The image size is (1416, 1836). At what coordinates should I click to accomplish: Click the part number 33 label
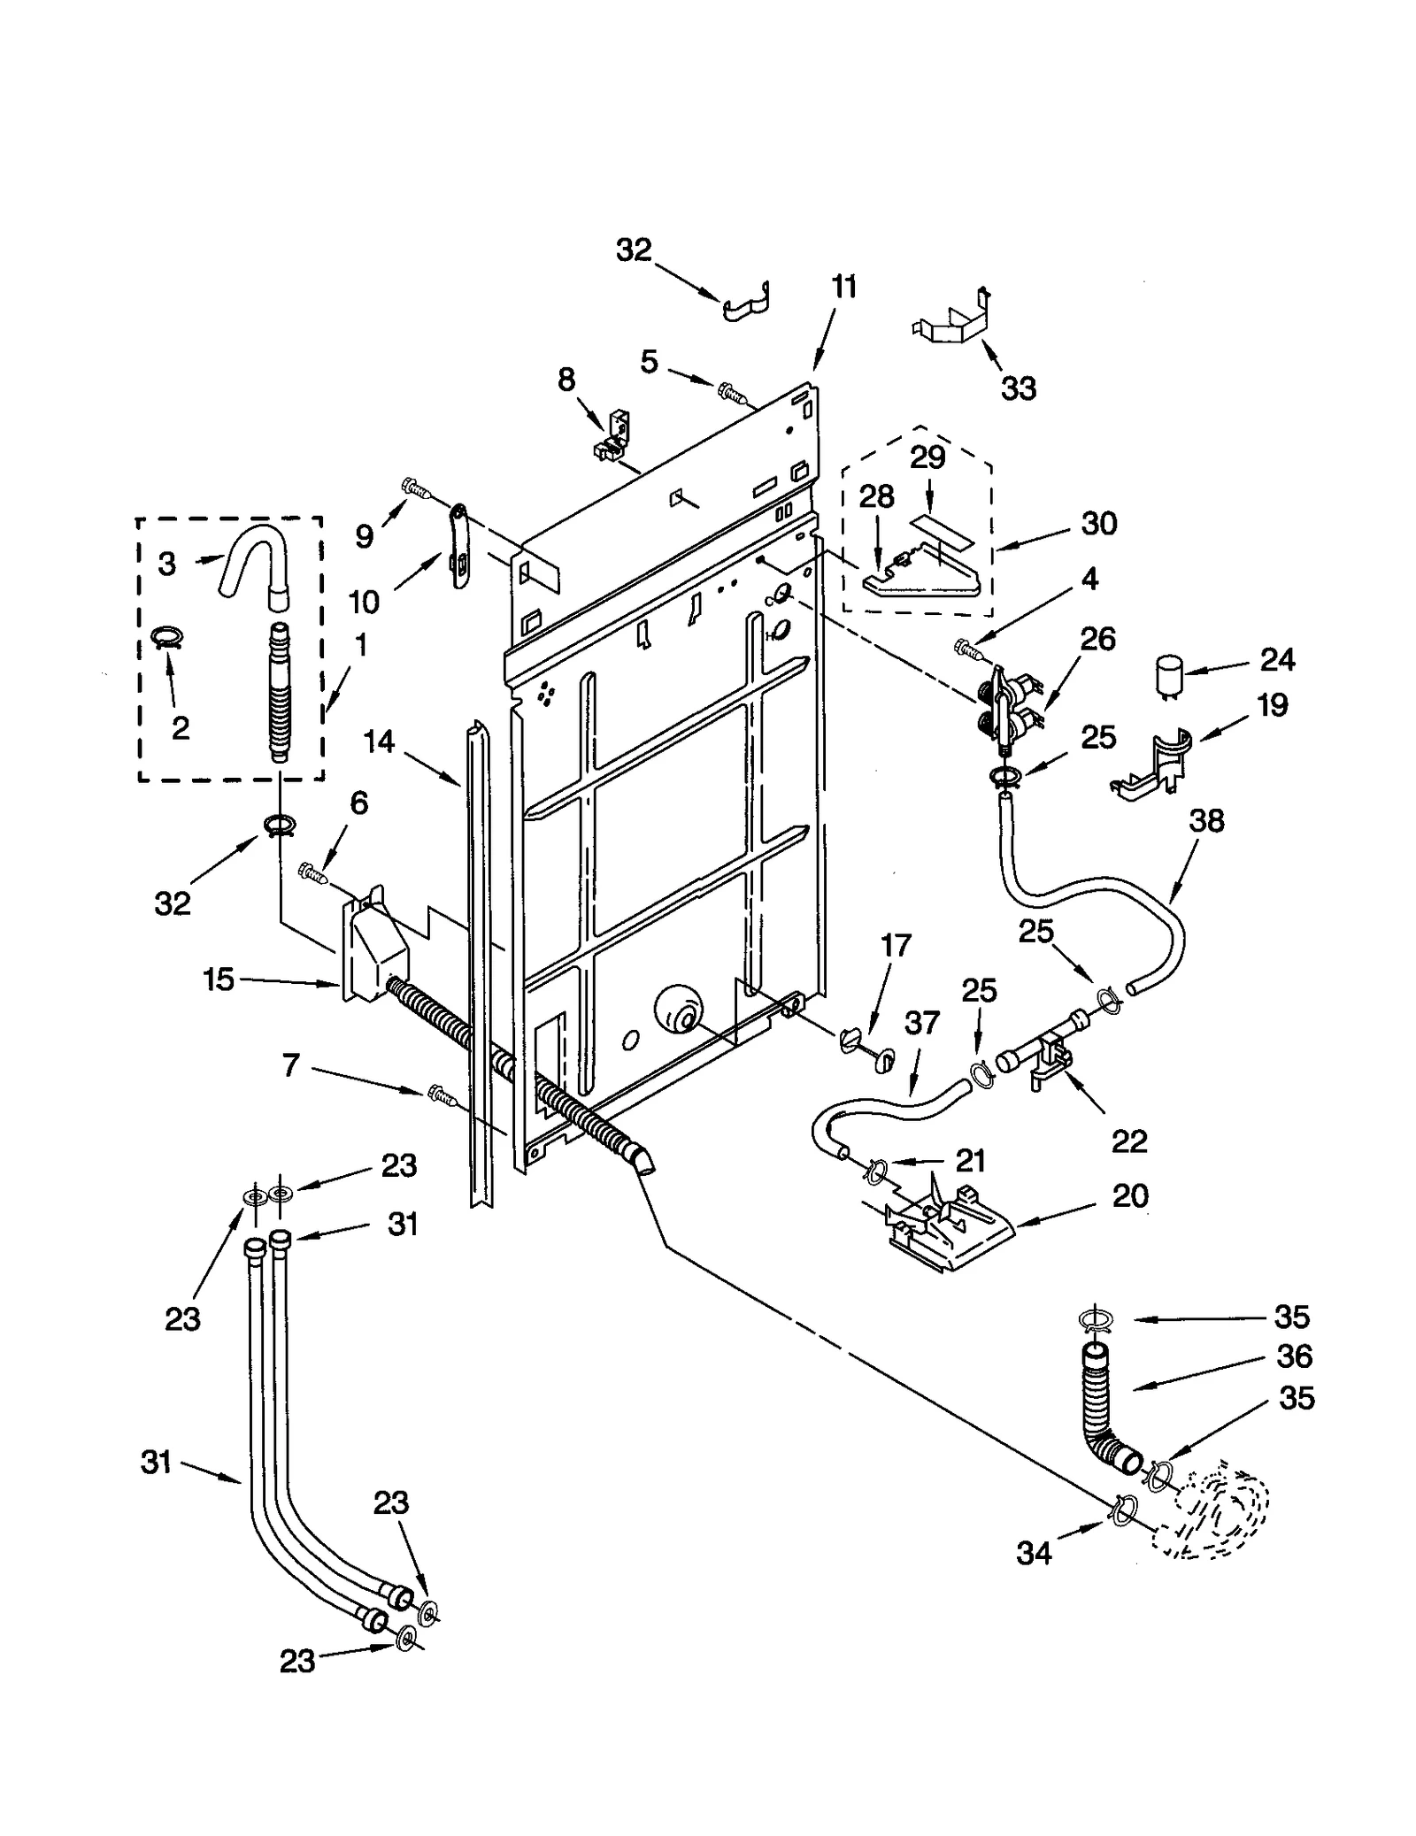coord(1018,388)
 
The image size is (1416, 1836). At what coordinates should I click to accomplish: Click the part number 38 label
coord(1206,820)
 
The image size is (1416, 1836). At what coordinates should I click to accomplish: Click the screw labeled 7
coord(442,1095)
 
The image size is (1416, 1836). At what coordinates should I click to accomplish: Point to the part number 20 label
coord(1129,1195)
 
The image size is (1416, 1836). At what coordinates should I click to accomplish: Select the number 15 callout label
coord(219,979)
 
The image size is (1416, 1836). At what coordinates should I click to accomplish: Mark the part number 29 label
coord(927,457)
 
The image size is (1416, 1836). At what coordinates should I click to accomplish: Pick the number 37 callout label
coord(921,1023)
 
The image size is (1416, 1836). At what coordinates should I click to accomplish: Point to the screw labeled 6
coord(313,872)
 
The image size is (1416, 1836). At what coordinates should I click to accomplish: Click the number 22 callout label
coord(1129,1141)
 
